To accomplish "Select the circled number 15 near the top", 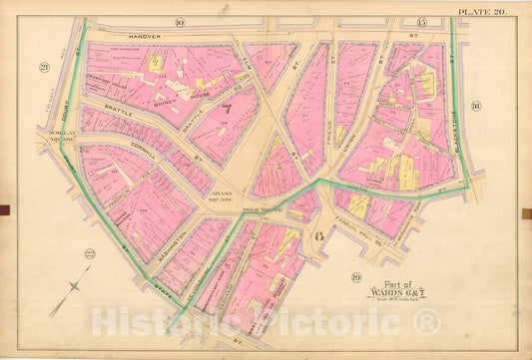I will (421, 22).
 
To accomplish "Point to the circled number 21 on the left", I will (45, 67).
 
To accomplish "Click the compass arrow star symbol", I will (72, 296).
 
